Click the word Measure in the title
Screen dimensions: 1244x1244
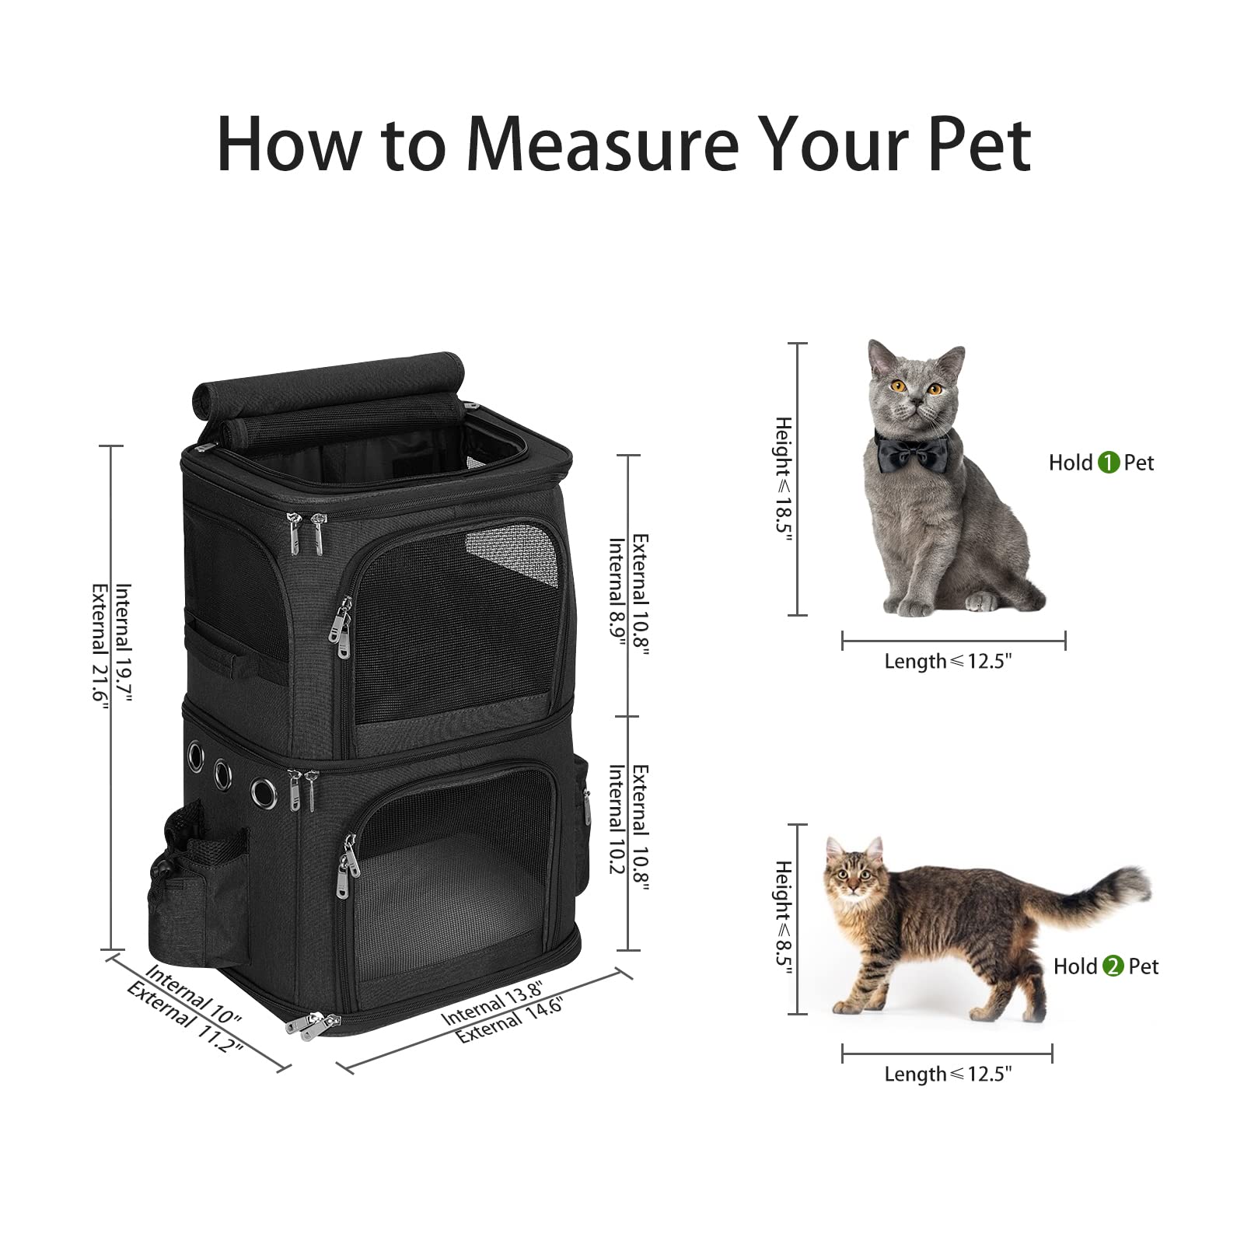pyautogui.click(x=603, y=145)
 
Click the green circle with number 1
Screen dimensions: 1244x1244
pyautogui.click(x=1108, y=463)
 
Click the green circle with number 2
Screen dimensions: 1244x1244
pyautogui.click(x=1113, y=966)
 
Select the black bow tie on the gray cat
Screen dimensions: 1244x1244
pyautogui.click(x=911, y=449)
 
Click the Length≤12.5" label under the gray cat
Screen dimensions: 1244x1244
pyautogui.click(x=948, y=662)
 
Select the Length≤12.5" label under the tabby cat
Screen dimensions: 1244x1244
pyautogui.click(x=948, y=1075)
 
